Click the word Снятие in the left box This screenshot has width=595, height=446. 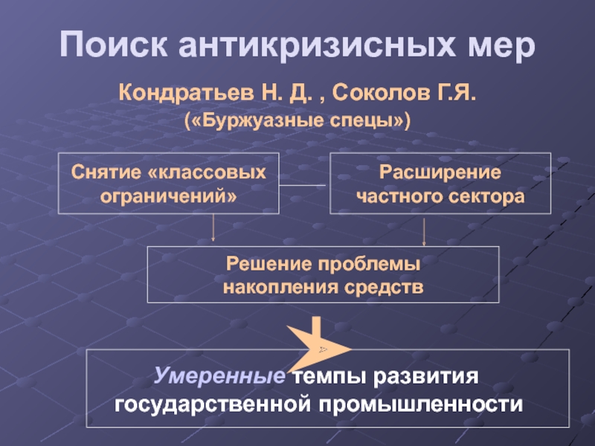(x=106, y=172)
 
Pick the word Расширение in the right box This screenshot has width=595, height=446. (x=440, y=172)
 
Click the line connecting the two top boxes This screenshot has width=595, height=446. (x=303, y=184)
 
